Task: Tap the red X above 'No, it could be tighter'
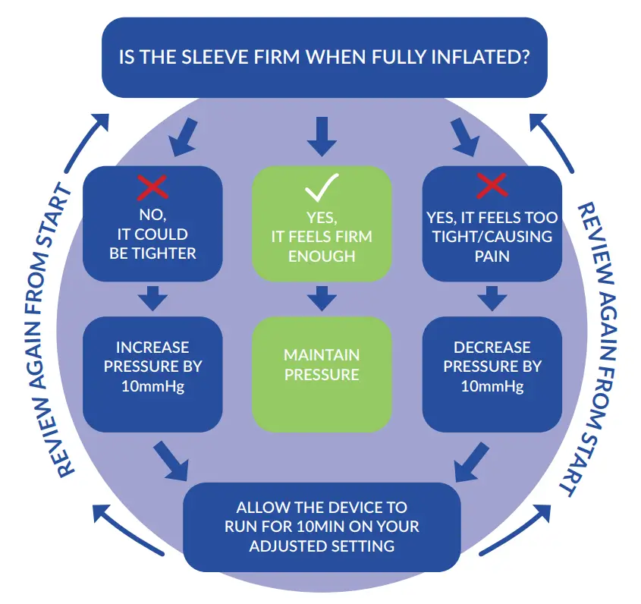pos(152,187)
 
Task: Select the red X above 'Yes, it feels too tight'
pos(492,184)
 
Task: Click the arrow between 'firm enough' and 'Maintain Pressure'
pos(322,297)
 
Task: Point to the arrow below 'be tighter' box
pos(152,297)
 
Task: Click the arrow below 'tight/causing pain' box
pos(492,297)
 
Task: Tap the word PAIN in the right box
pos(492,256)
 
